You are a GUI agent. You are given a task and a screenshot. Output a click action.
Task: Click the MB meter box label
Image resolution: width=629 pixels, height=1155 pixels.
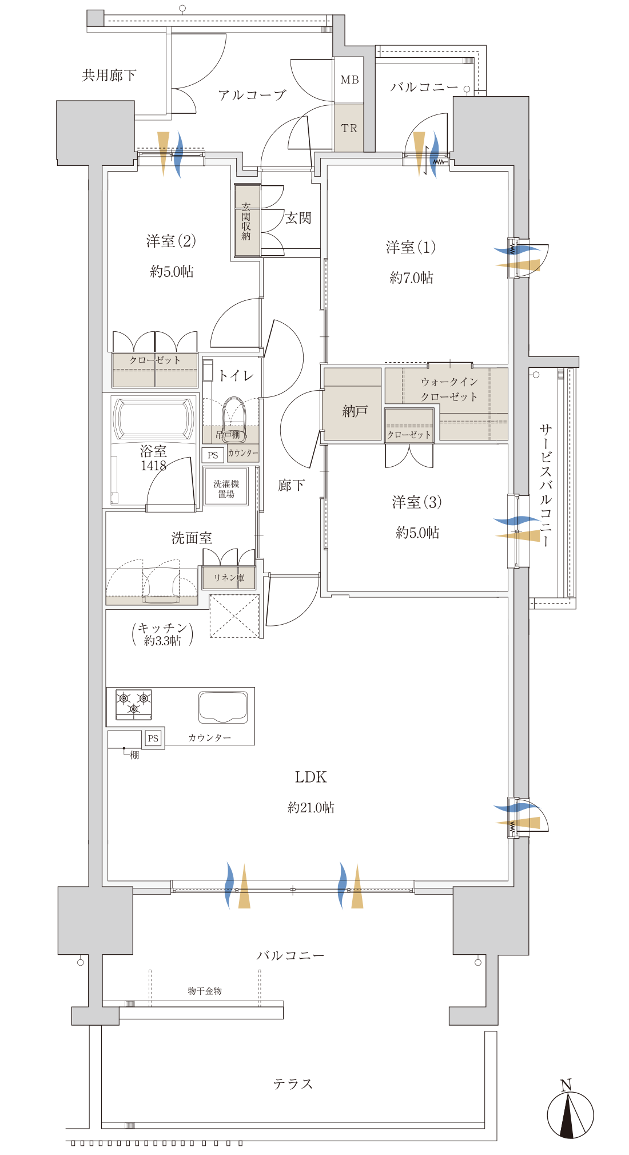[x=349, y=80]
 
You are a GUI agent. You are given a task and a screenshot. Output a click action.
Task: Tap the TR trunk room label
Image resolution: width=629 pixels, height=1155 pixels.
[x=349, y=128]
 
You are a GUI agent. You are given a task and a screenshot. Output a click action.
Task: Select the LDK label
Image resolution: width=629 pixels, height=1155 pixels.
[x=310, y=777]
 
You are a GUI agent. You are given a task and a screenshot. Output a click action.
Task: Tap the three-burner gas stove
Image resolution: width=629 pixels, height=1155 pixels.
[x=134, y=704]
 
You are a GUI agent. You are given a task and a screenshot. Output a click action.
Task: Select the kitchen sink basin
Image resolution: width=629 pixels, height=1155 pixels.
[x=223, y=707]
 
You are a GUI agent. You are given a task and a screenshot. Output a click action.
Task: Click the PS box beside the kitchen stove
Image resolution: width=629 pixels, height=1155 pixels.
[x=153, y=739]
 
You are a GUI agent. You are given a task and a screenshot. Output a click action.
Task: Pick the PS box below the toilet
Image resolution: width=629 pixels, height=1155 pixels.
[x=213, y=455]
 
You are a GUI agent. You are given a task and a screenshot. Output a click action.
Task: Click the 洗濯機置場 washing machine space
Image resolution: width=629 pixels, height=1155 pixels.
[x=226, y=487]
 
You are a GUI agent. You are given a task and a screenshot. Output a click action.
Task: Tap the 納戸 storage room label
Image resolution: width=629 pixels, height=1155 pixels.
[x=355, y=411]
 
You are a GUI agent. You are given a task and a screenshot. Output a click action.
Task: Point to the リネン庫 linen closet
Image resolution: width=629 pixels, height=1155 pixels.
[x=229, y=578]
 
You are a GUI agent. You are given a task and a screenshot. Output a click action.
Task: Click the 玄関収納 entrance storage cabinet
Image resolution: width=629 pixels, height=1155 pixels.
[x=247, y=220]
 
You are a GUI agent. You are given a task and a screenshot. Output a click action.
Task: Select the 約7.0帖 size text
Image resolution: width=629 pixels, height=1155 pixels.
[x=412, y=278]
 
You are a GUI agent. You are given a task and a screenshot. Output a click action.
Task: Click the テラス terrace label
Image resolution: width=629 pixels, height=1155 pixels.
[x=293, y=1083]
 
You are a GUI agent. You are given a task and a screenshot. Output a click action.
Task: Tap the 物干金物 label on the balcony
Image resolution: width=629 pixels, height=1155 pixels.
[x=205, y=991]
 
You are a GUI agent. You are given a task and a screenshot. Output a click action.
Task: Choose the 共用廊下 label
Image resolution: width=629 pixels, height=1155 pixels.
[x=109, y=75]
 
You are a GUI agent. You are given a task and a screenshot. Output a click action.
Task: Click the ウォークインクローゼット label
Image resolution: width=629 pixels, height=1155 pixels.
[x=449, y=389]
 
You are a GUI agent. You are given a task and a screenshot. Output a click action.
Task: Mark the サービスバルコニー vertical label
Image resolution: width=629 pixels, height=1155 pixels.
[x=546, y=485]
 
